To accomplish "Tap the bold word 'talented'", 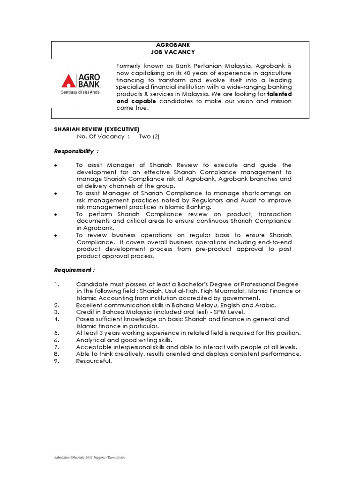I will coord(279,94).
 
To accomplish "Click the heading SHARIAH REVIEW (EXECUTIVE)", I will coord(97,129).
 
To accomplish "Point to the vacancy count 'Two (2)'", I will coord(150,136).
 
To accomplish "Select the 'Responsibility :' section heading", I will coord(76,151).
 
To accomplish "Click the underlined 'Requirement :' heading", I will coord(75,270).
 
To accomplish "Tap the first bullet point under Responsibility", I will coord(56,165).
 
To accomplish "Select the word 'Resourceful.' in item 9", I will coord(94,360).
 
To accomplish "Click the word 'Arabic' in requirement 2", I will coord(266,305).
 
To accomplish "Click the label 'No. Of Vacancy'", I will coord(100,136).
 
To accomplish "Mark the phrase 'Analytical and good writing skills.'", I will coord(124,340).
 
